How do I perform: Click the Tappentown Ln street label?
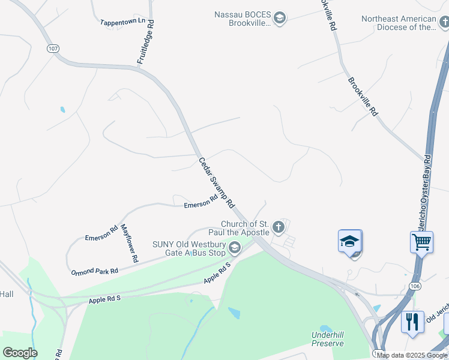click(123, 21)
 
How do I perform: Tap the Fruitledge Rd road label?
click(145, 42)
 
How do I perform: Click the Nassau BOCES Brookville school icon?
click(279, 19)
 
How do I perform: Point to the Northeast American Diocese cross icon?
click(444, 23)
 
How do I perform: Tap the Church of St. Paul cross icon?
click(277, 227)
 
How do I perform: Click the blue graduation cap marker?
click(349, 242)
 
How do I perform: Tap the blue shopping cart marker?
click(422, 242)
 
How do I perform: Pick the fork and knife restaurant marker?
click(412, 322)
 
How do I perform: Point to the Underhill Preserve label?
click(327, 339)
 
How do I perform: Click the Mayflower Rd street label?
click(130, 243)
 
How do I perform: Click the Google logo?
click(20, 353)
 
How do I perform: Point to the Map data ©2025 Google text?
click(412, 355)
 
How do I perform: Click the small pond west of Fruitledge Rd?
click(62, 110)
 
